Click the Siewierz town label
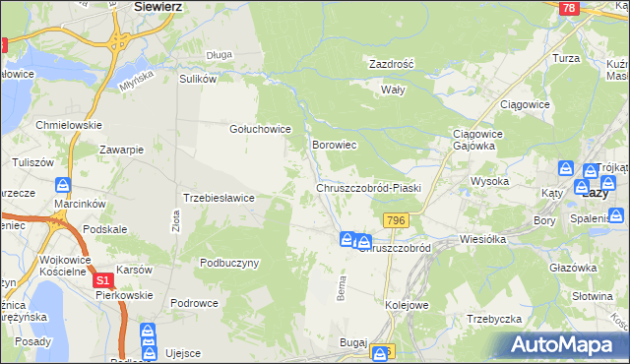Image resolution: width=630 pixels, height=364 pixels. tap(160, 6)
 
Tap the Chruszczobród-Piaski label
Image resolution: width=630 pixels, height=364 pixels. tap(368, 188)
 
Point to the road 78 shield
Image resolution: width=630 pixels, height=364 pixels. tap(568, 8)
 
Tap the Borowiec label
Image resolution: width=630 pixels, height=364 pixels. tap(333, 145)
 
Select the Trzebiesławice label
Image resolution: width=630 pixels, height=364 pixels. tap(219, 198)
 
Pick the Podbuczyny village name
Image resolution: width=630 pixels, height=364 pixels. tap(228, 263)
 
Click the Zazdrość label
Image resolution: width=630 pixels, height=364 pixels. tap(391, 64)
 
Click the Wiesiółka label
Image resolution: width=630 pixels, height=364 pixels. tap(482, 239)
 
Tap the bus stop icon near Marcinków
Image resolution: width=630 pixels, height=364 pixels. tap(63, 184)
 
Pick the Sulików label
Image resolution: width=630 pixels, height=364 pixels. tap(197, 78)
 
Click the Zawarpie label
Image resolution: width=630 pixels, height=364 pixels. tap(122, 150)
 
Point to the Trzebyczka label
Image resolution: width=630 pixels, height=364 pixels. tap(493, 319)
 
